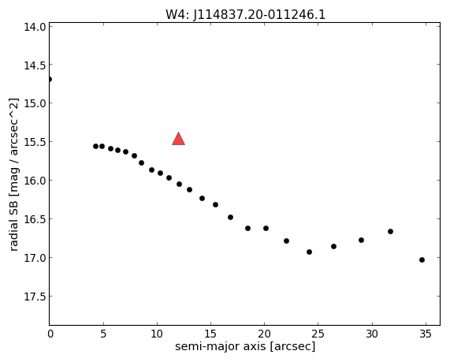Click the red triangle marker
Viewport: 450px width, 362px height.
pyautogui.click(x=179, y=140)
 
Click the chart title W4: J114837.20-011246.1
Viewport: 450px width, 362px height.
pyautogui.click(x=245, y=14)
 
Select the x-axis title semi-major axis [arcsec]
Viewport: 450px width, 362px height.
pyautogui.click(x=245, y=346)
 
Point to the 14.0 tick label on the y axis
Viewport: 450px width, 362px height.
pyautogui.click(x=35, y=27)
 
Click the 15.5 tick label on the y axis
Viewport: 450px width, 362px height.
pyautogui.click(x=35, y=142)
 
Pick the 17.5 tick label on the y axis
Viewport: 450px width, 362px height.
pyautogui.click(x=35, y=297)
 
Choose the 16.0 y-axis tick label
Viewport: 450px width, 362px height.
pyautogui.click(x=35, y=181)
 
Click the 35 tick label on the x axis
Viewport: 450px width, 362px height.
pyautogui.click(x=426, y=334)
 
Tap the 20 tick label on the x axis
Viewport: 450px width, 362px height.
pyautogui.click(x=264, y=334)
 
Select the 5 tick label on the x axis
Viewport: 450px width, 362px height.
pyautogui.click(x=103, y=334)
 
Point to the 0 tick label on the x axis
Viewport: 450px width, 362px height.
pyautogui.click(x=50, y=334)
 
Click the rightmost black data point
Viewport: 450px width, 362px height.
pyautogui.click(x=422, y=260)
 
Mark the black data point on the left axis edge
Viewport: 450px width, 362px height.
pyautogui.click(x=50, y=80)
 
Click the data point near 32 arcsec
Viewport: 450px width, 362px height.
pyautogui.click(x=390, y=232)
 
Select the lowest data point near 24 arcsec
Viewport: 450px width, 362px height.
pyautogui.click(x=309, y=252)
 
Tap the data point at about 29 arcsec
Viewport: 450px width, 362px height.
pyautogui.click(x=361, y=241)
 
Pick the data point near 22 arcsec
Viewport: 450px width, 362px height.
pyautogui.click(x=286, y=241)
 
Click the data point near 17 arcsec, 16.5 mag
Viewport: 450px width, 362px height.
pyautogui.click(x=230, y=218)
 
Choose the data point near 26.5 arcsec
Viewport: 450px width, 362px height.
pyautogui.click(x=333, y=247)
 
